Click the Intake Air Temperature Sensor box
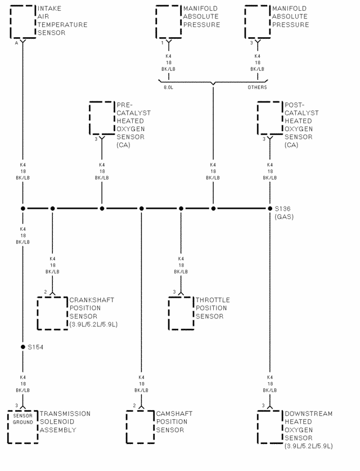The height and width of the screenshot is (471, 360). tap(22, 21)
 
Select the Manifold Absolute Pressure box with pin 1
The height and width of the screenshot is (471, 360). tap(168, 21)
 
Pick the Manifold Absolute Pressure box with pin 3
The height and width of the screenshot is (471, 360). tap(258, 21)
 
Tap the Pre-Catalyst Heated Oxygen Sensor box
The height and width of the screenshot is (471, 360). tap(102, 118)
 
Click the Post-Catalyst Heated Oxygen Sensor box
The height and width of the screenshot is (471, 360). tap(270, 118)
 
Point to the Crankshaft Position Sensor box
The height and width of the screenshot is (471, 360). tap(52, 312)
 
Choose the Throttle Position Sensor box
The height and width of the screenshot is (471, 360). tap(181, 312)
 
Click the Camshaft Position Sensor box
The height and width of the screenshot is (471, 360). tap(141, 426)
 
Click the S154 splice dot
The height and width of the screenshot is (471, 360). tap(23, 347)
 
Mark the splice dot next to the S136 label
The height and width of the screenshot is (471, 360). tap(270, 209)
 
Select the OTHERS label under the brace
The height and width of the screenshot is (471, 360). tap(257, 87)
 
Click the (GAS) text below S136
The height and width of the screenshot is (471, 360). tap(284, 217)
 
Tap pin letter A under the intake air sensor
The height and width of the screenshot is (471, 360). tap(16, 43)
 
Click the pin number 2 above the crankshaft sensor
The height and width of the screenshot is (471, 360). tap(46, 291)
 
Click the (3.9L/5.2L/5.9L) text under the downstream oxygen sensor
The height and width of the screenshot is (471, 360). tap(309, 446)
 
